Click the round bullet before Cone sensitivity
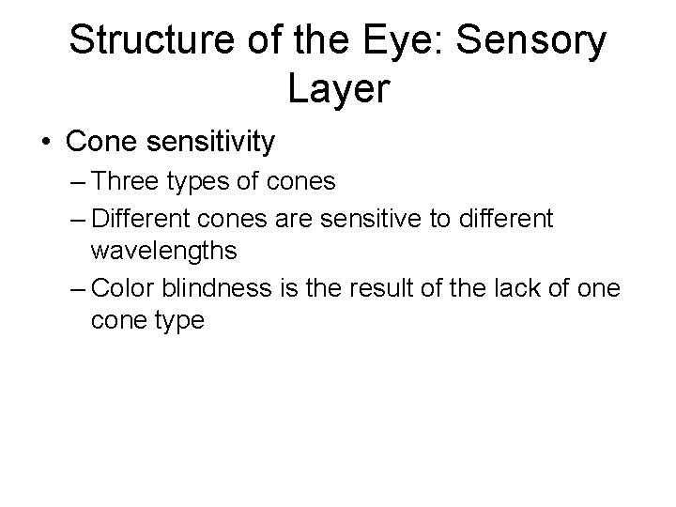coord(46,143)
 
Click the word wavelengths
coord(163,253)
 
